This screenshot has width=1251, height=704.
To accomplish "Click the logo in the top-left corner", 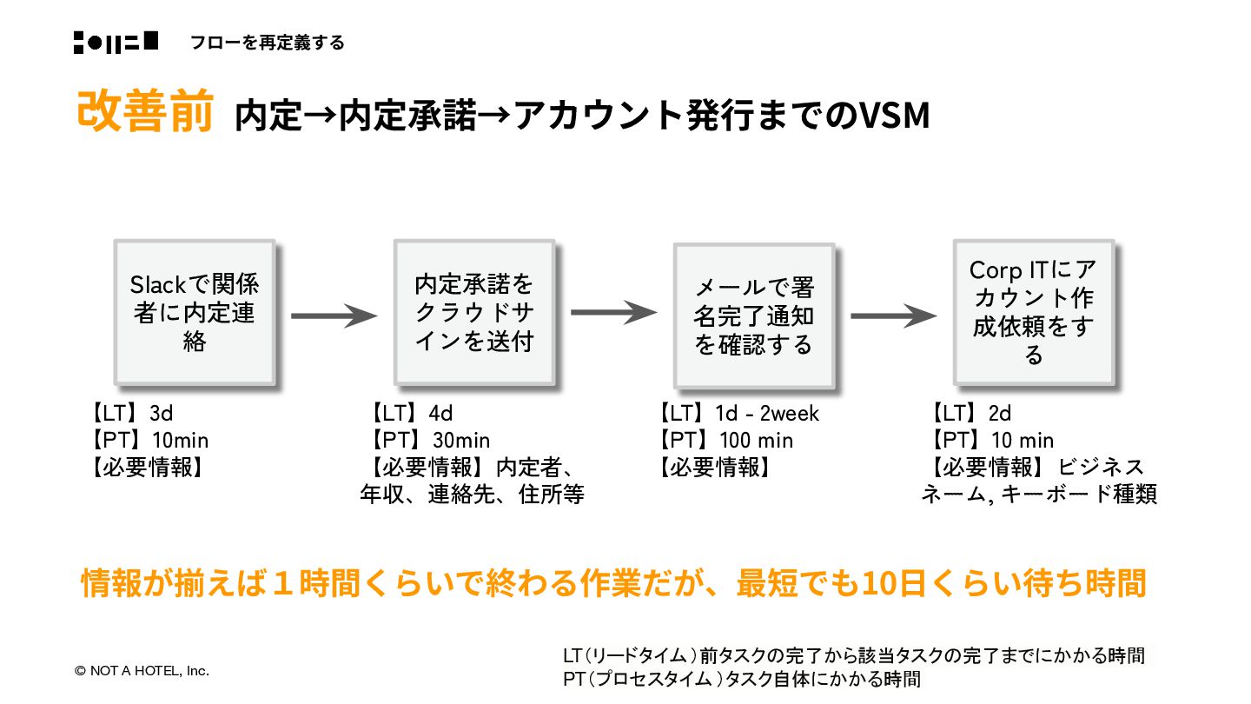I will click(x=116, y=42).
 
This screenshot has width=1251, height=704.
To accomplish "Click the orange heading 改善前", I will click(x=144, y=111).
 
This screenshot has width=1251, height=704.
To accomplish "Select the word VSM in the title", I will click(x=894, y=116).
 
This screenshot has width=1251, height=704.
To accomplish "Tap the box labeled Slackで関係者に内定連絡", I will click(x=195, y=313).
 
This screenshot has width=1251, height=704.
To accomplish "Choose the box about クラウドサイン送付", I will click(x=473, y=313).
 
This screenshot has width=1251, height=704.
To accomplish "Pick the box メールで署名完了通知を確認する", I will click(x=753, y=315).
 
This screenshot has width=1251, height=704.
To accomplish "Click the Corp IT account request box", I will click(x=1033, y=312).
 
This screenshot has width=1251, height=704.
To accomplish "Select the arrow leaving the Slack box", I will click(x=334, y=315).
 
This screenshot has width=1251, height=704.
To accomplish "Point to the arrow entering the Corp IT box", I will click(x=893, y=315).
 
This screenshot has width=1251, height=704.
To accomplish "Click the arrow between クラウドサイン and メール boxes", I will click(x=613, y=313).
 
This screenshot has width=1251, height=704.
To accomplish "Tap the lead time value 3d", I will click(x=162, y=414).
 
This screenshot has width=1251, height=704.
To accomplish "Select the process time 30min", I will click(x=460, y=441).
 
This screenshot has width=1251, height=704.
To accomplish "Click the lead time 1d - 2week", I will click(x=767, y=414).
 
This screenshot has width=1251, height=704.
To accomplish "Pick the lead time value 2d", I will click(x=999, y=414).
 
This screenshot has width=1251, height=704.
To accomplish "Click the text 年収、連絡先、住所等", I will click(x=473, y=495).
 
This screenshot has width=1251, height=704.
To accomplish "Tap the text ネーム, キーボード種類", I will click(x=1039, y=495).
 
